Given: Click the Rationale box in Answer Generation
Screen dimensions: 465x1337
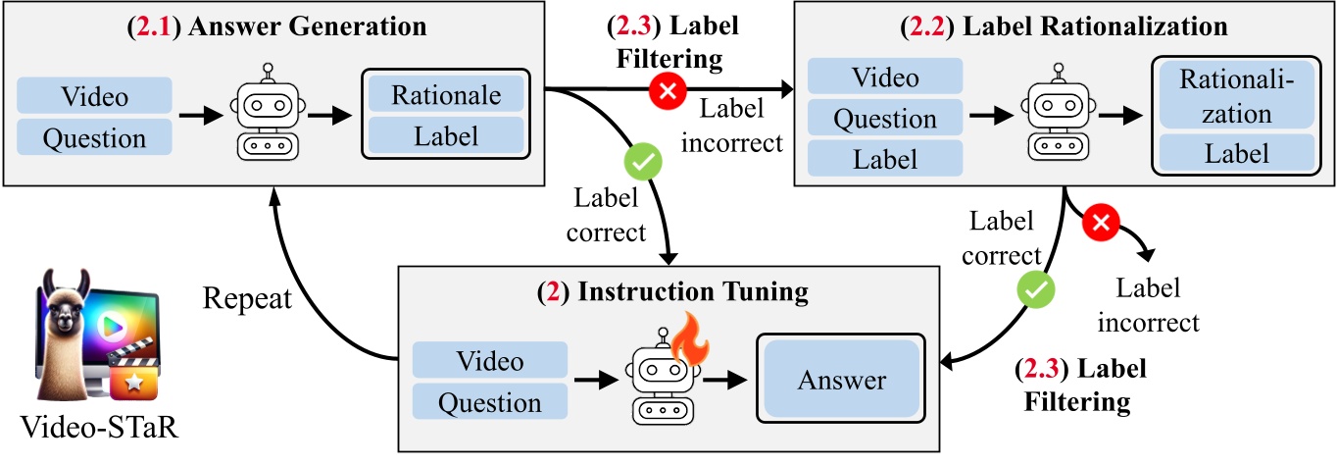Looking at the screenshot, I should tap(446, 95).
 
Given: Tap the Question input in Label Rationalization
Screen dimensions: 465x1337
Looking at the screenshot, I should tap(885, 118).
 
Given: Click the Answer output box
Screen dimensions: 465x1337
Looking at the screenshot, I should tap(842, 381).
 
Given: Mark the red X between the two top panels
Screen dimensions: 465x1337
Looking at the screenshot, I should tap(668, 92).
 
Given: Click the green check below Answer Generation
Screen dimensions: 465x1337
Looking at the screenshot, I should tap(640, 163).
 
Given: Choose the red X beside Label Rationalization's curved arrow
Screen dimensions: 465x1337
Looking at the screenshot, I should tap(1100, 225).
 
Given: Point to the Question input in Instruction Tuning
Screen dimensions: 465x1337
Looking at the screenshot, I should tap(490, 402).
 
